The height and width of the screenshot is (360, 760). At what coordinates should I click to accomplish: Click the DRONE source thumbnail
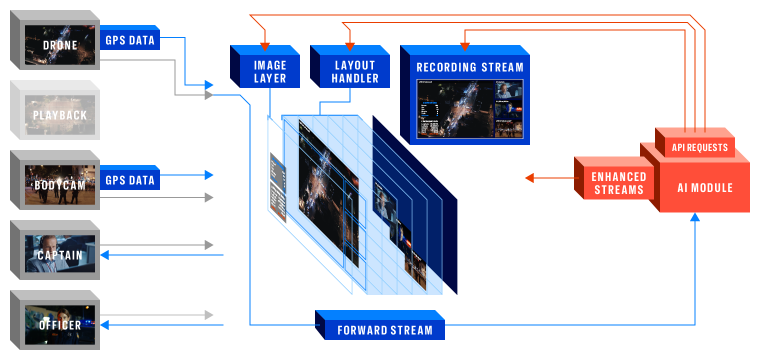(x=60, y=45)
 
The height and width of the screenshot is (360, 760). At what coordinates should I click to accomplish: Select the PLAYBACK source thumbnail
(x=60, y=115)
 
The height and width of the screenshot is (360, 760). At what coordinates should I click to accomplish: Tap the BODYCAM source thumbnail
(x=60, y=185)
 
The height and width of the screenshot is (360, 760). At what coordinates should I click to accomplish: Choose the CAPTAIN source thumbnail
(x=60, y=255)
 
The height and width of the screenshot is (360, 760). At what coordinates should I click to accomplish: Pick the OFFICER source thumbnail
(x=60, y=325)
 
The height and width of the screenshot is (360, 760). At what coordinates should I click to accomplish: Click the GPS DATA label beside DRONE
(x=130, y=40)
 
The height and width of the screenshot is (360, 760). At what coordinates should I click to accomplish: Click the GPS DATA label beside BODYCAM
(x=130, y=180)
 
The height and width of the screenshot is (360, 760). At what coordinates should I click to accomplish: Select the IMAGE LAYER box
(x=270, y=71)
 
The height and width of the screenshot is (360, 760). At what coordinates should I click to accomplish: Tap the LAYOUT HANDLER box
(x=355, y=71)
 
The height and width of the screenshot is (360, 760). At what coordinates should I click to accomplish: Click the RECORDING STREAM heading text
(x=470, y=67)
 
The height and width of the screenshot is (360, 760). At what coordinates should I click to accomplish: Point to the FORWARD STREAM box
(x=384, y=330)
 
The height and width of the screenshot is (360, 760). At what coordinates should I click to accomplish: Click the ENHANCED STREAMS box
(x=619, y=183)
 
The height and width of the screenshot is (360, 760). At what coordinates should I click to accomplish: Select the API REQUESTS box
(x=699, y=147)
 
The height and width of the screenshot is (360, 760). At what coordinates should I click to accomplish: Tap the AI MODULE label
(x=705, y=188)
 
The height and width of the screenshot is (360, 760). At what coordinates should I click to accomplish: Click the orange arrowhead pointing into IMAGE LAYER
(x=264, y=47)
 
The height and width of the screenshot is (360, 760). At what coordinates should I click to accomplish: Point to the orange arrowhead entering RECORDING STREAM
(x=464, y=47)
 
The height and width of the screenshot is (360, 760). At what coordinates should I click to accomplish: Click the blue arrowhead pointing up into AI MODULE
(x=695, y=217)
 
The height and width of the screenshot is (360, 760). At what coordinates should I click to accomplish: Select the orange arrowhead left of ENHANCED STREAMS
(x=529, y=177)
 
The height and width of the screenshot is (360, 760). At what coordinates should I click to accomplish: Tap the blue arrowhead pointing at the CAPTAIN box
(x=105, y=255)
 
